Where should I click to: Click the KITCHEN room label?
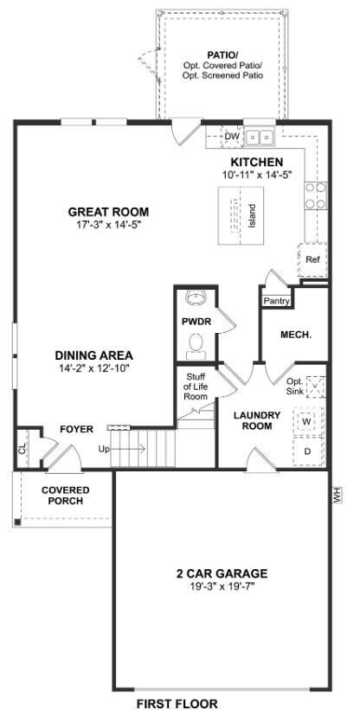coord(257,162)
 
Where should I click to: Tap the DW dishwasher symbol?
coord(231,137)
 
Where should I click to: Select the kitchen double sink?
coord(260,136)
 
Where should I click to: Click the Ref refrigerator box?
coord(312,259)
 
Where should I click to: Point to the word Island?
coord(252,216)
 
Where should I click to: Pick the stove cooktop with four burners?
coord(316,195)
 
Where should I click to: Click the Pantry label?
coord(276,301)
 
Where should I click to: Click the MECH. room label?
coord(296,335)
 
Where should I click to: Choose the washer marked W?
coord(307,421)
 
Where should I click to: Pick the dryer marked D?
coord(307,451)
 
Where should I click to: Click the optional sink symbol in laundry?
coord(316,387)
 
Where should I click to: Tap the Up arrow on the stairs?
coord(128,449)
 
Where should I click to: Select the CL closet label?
coord(22,449)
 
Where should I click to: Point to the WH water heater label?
coord(336,495)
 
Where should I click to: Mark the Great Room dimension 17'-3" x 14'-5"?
coord(109,224)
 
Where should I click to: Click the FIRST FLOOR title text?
coord(177,704)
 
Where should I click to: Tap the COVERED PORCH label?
coord(65,496)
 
